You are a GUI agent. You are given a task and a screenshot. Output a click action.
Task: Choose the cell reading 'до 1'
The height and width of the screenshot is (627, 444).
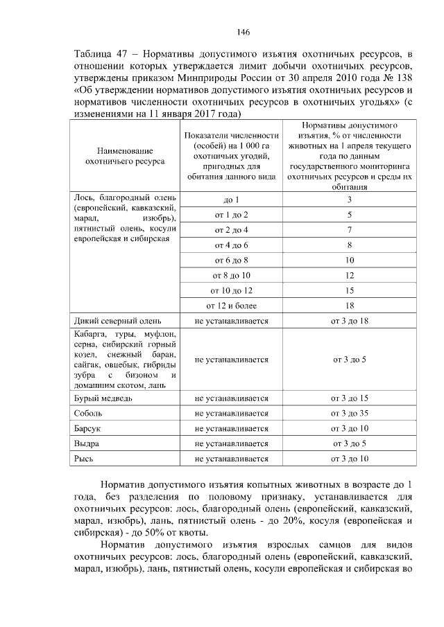pos(232,200)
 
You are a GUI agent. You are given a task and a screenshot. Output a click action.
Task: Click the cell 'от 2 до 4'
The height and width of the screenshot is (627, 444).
pos(232,230)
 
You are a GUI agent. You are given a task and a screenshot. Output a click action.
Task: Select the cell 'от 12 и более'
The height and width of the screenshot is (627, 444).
pos(232,306)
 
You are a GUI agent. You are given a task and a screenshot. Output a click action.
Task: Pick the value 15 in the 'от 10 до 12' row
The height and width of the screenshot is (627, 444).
pos(350,290)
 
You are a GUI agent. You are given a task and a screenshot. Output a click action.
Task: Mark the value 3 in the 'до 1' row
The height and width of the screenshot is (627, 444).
pos(350,200)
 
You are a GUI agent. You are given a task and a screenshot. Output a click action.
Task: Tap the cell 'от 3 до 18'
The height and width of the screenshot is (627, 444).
pos(350,321)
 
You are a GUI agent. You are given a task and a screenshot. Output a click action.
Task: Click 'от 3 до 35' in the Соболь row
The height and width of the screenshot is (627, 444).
pos(350,414)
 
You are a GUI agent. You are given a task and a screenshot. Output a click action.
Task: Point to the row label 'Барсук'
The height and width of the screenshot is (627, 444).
pos(88,429)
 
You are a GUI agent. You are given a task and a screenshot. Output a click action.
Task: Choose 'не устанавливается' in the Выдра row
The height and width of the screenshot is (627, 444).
pos(232,443)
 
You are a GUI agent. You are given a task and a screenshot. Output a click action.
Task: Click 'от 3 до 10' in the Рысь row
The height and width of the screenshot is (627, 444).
pos(350,459)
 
